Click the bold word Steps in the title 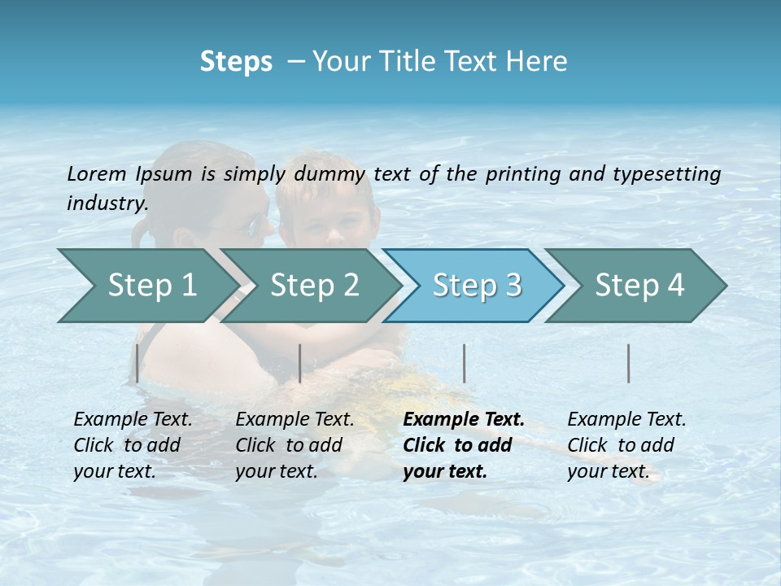(x=236, y=62)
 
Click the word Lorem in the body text (x=96, y=174)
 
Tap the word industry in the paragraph (x=107, y=203)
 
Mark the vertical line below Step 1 (x=137, y=363)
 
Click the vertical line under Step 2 (x=300, y=363)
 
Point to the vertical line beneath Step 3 (x=465, y=363)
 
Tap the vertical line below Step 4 (x=629, y=363)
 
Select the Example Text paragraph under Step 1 (x=133, y=445)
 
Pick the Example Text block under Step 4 (x=626, y=445)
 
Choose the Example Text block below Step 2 (x=295, y=445)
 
